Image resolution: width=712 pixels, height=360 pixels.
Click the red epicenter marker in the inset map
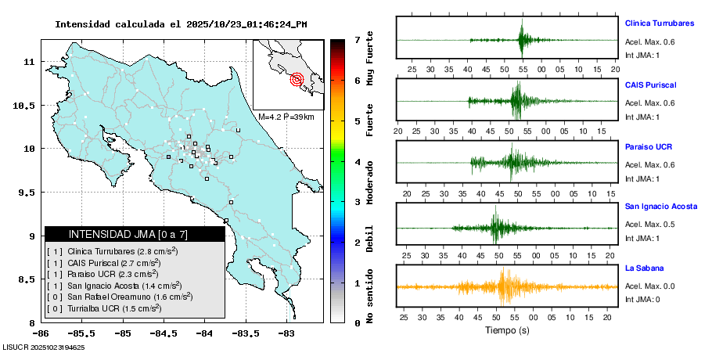coord(297,78)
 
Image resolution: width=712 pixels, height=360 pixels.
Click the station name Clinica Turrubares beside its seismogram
coord(659,23)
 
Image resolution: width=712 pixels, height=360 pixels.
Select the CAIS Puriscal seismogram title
coord(650,85)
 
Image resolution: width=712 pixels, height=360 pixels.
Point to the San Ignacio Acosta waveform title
coord(660,207)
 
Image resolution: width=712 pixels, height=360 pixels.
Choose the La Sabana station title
coord(645,268)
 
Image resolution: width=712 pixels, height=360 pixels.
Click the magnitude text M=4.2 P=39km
coord(286,117)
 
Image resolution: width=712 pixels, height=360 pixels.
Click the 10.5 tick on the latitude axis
coord(28,105)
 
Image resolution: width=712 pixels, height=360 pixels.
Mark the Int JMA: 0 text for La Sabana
coord(642,300)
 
